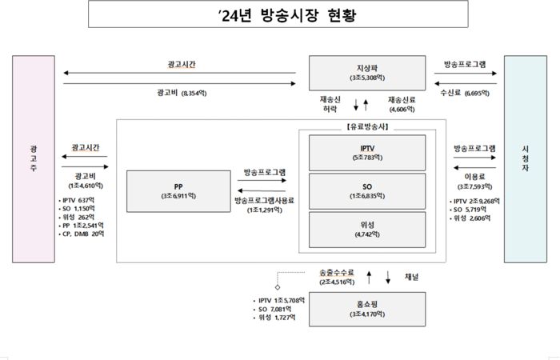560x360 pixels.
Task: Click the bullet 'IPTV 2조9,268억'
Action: (479, 201)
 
